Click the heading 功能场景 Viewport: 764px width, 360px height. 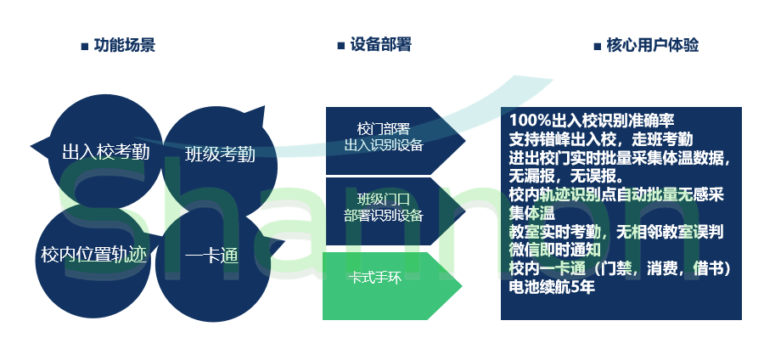[x=125, y=45]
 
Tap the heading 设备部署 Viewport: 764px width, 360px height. [x=381, y=45]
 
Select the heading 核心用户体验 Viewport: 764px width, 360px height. [x=653, y=45]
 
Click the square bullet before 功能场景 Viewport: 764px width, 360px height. [x=85, y=47]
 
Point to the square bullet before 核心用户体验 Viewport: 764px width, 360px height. [x=598, y=47]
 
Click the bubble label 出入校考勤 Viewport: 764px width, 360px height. [x=106, y=152]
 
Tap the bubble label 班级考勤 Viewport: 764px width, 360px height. [x=220, y=155]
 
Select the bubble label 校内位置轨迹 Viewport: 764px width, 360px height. [x=93, y=254]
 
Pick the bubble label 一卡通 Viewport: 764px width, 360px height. [x=211, y=256]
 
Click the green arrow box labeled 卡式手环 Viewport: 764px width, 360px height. [x=391, y=286]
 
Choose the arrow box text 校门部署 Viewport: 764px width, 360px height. [x=384, y=129]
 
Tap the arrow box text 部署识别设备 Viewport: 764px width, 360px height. [x=384, y=216]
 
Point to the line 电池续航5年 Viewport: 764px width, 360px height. [x=552, y=287]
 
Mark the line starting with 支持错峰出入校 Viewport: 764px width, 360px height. [x=601, y=139]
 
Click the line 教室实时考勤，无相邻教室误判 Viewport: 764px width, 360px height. [x=616, y=232]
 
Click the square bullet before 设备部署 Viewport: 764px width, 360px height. [x=341, y=47]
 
